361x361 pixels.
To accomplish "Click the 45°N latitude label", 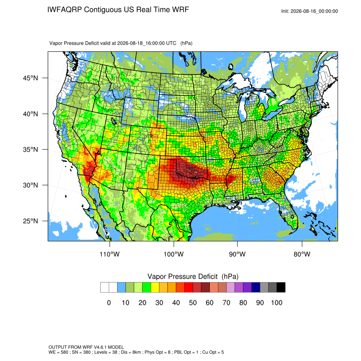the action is click(x=31, y=78).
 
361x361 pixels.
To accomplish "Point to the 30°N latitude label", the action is click(x=31, y=185).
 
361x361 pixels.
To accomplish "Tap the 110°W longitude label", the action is click(x=110, y=254).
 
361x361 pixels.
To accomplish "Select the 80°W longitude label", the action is click(x=302, y=254).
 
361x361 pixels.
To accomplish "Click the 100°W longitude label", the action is click(x=174, y=254).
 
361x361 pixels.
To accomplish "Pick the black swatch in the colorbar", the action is click(x=281, y=288).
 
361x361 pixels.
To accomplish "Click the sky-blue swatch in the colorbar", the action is click(x=121, y=288).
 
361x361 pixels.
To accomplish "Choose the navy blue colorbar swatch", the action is click(x=256, y=288).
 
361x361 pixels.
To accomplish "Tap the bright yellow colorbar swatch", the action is click(x=155, y=288).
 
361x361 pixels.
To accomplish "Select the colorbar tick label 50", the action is click(x=193, y=302).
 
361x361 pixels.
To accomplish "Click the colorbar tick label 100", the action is click(x=276, y=302).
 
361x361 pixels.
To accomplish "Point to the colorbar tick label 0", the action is click(x=109, y=302).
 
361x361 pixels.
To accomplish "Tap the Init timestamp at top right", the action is click(x=310, y=11).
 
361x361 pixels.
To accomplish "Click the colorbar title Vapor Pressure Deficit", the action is click(x=182, y=276).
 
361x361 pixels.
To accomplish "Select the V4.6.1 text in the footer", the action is click(x=100, y=347).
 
